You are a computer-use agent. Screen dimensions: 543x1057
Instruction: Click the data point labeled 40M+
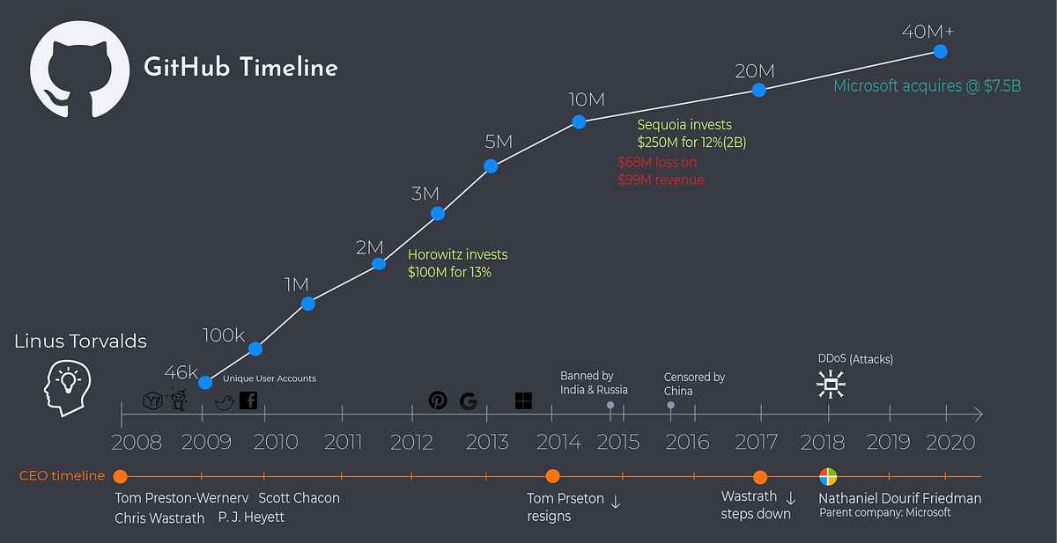click(940, 51)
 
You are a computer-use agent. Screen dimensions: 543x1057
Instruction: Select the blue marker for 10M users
click(579, 121)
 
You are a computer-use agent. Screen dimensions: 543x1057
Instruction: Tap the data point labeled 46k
click(205, 382)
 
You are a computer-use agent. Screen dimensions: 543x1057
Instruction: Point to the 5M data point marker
click(492, 165)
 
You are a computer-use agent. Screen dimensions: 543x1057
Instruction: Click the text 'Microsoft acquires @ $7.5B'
click(927, 86)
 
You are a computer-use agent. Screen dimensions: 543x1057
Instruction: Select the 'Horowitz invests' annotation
click(457, 254)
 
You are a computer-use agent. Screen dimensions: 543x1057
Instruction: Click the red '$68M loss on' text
click(657, 162)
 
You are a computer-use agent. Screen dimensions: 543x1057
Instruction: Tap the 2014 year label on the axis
click(558, 442)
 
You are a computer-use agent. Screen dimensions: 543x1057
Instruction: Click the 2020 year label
click(944, 442)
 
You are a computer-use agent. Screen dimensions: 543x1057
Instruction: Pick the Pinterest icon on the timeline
click(438, 400)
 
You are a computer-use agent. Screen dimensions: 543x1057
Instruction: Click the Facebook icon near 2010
click(248, 400)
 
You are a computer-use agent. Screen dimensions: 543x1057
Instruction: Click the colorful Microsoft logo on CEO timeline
click(829, 476)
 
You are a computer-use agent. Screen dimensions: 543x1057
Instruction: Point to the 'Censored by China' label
click(694, 384)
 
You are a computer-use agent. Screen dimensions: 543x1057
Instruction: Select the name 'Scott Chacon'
click(299, 498)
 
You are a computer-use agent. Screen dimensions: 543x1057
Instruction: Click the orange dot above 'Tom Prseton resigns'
click(552, 476)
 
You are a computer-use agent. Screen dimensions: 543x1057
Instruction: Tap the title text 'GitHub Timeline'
click(240, 68)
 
